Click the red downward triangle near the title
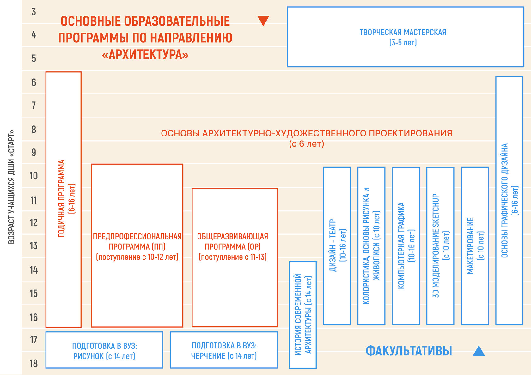pyautogui.click(x=263, y=21)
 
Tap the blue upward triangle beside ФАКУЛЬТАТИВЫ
pyautogui.click(x=479, y=351)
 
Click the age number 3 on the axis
pyautogui.click(x=34, y=12)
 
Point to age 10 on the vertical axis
pyautogui.click(x=34, y=176)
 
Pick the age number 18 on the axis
pyautogui.click(x=34, y=363)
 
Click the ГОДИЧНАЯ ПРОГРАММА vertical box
pyautogui.click(x=64, y=199)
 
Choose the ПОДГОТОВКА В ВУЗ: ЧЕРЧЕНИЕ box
pyautogui.click(x=224, y=350)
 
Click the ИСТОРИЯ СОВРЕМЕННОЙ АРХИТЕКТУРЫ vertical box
pyautogui.click(x=303, y=314)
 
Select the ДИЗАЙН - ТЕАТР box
pyautogui.click(x=337, y=245)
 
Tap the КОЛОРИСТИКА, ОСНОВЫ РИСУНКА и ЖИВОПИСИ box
pyautogui.click(x=371, y=246)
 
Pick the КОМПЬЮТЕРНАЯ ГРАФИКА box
pyautogui.click(x=406, y=246)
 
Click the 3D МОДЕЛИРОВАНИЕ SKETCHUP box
pyautogui.click(x=440, y=246)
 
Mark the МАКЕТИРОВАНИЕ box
pyautogui.click(x=475, y=246)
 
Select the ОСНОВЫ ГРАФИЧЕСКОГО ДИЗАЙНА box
pyautogui.click(x=509, y=200)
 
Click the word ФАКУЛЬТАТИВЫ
pyautogui.click(x=409, y=351)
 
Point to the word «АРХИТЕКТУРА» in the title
pyautogui.click(x=145, y=55)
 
